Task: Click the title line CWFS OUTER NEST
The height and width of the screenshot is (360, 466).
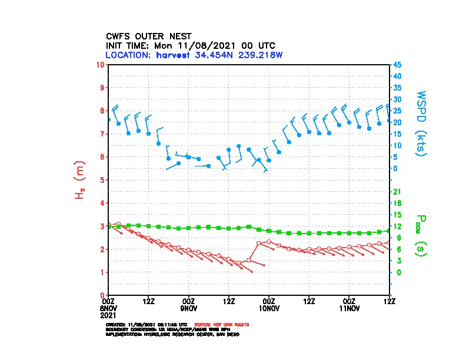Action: pyautogui.click(x=149, y=36)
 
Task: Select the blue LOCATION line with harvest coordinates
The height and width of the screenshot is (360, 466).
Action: pyautogui.click(x=198, y=55)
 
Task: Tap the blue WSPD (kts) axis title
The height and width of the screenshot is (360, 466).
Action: pyautogui.click(x=421, y=122)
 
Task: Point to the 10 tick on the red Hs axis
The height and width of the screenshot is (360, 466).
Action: pyautogui.click(x=101, y=64)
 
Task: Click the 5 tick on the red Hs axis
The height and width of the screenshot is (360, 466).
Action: pyautogui.click(x=102, y=180)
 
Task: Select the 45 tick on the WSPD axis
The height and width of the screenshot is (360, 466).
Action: pyautogui.click(x=398, y=65)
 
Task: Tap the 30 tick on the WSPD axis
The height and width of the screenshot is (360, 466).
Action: pyautogui.click(x=398, y=99)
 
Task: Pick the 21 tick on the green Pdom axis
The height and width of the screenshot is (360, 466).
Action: pyautogui.click(x=397, y=192)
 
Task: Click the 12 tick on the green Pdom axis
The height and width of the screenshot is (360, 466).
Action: pyautogui.click(x=397, y=226)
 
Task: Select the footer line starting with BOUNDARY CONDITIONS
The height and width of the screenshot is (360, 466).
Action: pyautogui.click(x=171, y=329)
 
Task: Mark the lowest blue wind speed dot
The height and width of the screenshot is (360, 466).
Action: pyautogui.click(x=209, y=166)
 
